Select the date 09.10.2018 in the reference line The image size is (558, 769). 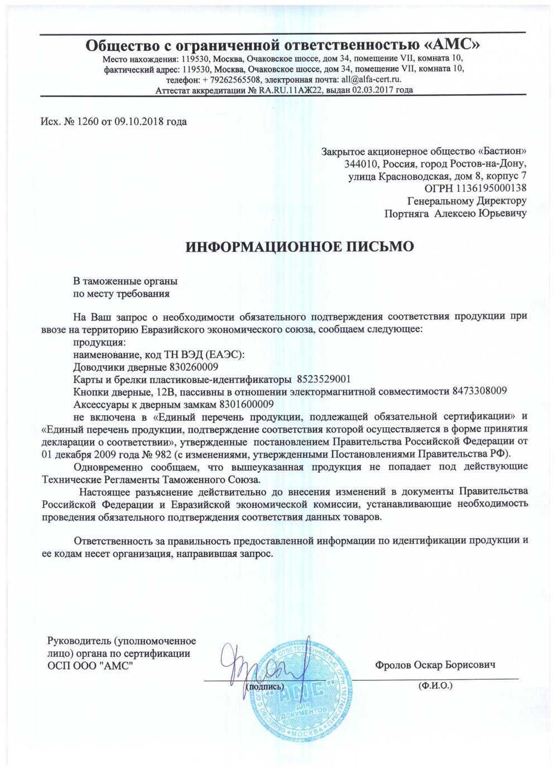[137, 122]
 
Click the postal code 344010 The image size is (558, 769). [360, 165]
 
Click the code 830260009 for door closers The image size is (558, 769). [193, 367]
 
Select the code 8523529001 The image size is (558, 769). [324, 379]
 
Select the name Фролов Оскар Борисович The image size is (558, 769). [436, 665]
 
